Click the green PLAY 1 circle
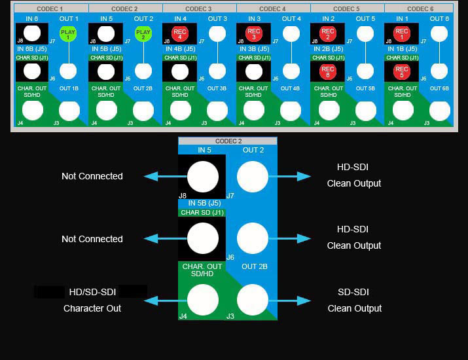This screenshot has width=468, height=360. [68, 34]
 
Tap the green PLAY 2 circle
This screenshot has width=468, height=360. [143, 34]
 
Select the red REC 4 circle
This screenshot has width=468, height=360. [180, 34]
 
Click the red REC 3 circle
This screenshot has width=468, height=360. [254, 34]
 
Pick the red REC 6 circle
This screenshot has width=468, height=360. [328, 71]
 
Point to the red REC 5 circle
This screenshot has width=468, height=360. [402, 71]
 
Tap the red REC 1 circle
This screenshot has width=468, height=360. [402, 34]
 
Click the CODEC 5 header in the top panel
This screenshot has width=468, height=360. [348, 9]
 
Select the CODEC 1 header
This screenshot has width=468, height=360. [51, 9]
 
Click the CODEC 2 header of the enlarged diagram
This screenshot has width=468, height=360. [228, 141]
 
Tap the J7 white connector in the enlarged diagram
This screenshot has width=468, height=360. [253, 177]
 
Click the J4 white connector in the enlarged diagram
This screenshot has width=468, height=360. [203, 300]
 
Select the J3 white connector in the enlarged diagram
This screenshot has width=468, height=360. [253, 300]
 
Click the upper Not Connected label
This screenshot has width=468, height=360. [92, 176]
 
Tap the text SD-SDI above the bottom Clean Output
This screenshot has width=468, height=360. [353, 292]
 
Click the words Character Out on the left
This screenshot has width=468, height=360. [92, 308]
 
